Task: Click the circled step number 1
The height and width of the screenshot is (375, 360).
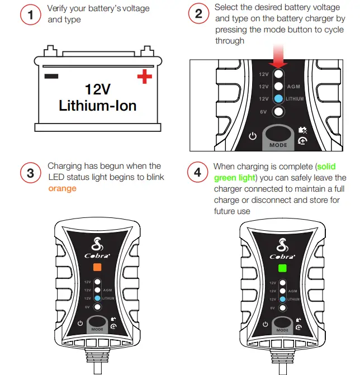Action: coord(30,16)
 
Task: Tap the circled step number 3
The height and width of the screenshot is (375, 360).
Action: coord(30,173)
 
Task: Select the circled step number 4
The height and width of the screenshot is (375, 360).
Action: coord(197,173)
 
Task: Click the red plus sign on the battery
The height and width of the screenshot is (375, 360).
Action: coord(144,77)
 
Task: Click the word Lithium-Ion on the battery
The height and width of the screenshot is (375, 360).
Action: coord(98,105)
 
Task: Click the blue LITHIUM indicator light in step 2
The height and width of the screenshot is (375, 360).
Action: coord(278,98)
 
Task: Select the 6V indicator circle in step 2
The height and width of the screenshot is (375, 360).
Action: coord(278,111)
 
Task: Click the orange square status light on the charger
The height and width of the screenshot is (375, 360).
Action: coord(97,267)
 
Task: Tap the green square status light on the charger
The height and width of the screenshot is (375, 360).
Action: coord(283,267)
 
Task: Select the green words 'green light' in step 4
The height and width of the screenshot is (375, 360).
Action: coord(235,178)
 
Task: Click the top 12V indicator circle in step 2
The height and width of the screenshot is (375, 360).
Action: coord(278,74)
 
